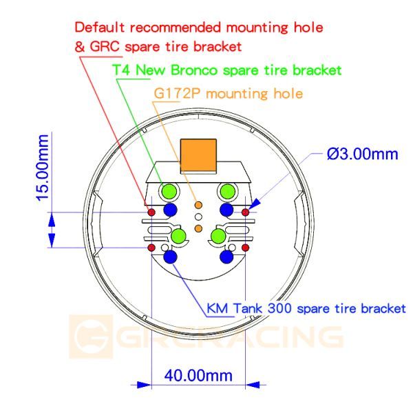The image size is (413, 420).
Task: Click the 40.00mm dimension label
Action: (198, 376)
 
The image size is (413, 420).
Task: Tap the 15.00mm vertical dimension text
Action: (43, 168)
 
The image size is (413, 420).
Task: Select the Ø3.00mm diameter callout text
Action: (363, 154)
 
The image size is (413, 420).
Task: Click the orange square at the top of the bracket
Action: (198, 156)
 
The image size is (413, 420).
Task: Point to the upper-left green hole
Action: (169, 192)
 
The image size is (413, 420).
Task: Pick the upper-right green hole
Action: (228, 192)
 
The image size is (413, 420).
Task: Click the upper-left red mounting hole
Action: (151, 212)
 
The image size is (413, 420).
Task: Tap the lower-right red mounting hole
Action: (245, 248)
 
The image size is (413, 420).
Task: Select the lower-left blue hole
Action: (170, 257)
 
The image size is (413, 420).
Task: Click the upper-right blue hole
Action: (226, 210)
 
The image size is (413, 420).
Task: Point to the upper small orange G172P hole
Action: (198, 206)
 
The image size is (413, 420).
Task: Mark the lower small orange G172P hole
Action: (198, 228)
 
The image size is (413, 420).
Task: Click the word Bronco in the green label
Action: (194, 70)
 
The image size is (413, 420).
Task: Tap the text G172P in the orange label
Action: (177, 94)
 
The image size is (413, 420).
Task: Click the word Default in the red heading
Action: (99, 28)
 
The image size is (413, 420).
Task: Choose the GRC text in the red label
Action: (105, 47)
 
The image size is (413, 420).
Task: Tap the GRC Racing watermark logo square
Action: (91, 337)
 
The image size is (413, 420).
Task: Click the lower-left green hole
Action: (178, 237)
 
